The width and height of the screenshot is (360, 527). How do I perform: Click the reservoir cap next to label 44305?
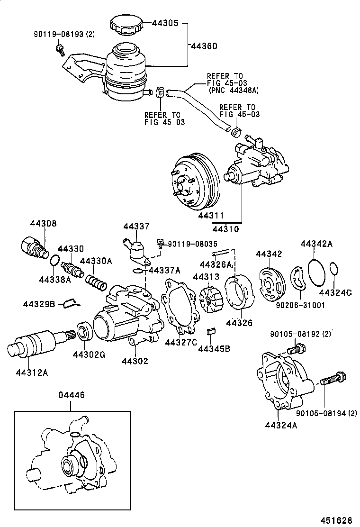click(x=125, y=25)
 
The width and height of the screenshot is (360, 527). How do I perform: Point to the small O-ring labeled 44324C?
click(x=334, y=269)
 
